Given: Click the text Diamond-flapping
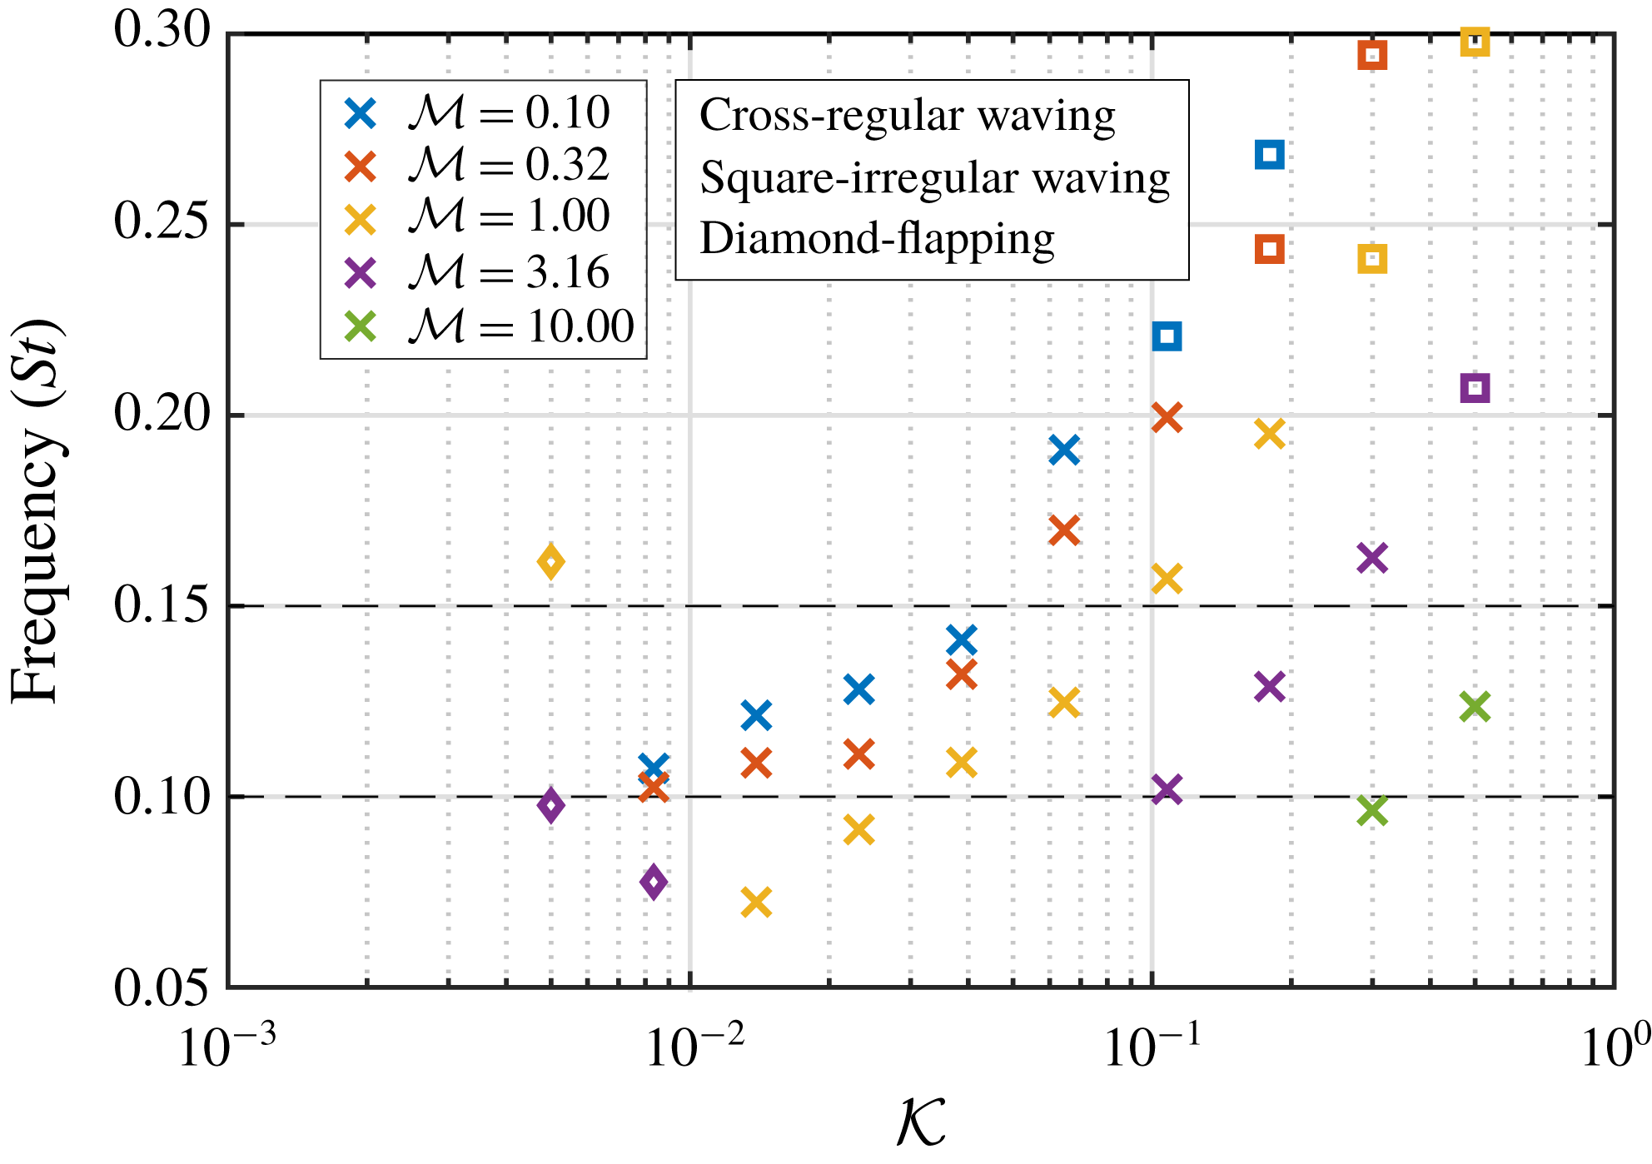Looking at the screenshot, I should pos(877,239).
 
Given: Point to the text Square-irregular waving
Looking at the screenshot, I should pos(934,177).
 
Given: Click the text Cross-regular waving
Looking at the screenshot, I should pos(907,115).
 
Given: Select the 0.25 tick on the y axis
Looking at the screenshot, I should pos(162,223).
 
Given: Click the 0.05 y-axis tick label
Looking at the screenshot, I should pos(162,988).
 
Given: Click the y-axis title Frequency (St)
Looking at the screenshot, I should pos(37,511).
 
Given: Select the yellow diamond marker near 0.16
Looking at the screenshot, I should pos(550,562).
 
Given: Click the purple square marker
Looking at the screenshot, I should pos(1475,388).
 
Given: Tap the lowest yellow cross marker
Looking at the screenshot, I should pos(756,902).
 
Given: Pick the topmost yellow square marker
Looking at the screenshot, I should pos(1475,42).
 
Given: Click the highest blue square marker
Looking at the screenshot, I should pos(1269,155).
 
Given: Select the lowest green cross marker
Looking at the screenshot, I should pos(1372,810).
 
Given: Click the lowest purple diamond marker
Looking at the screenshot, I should pos(654,882).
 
